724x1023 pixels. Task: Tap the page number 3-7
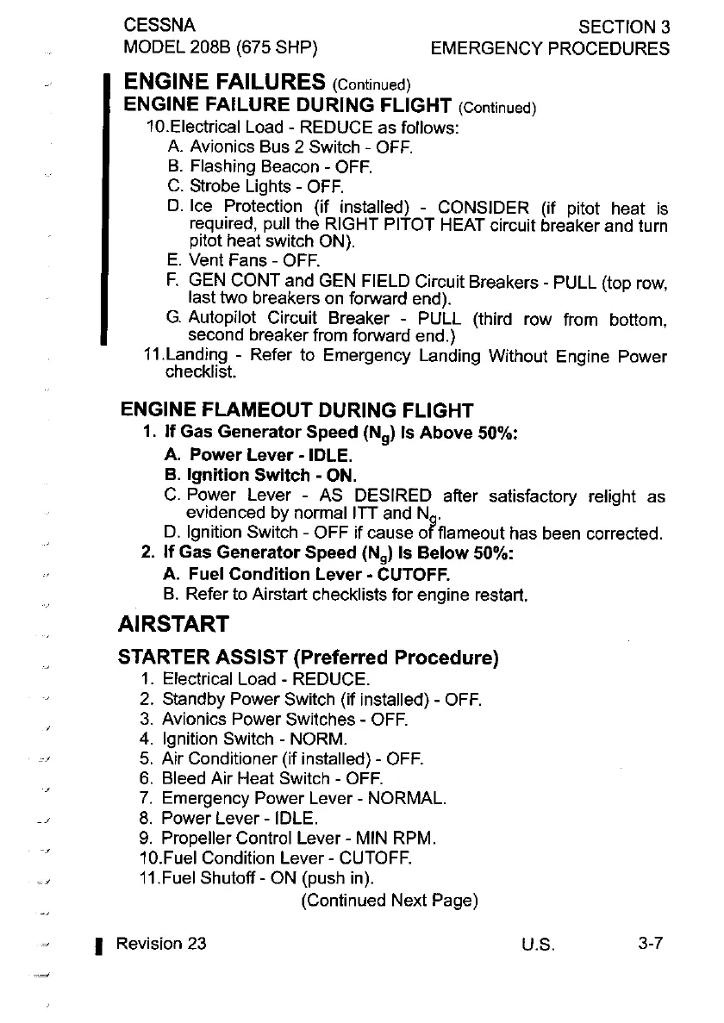[650, 943]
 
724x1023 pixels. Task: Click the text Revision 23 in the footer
[161, 943]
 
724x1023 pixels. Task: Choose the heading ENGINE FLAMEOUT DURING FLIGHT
[297, 409]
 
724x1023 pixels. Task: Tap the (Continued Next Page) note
[390, 901]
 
